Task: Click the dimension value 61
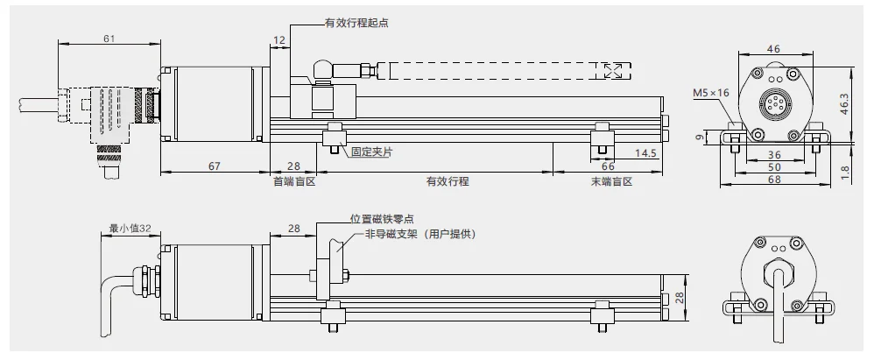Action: pos(109,38)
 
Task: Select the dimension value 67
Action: pos(214,166)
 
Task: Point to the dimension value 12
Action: pos(279,40)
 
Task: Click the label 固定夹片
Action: pos(372,152)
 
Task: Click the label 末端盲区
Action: pos(610,182)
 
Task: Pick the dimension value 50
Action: pos(775,166)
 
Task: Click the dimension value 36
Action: pos(775,153)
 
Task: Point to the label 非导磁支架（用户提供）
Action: pos(420,234)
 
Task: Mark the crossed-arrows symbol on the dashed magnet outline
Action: pos(615,72)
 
